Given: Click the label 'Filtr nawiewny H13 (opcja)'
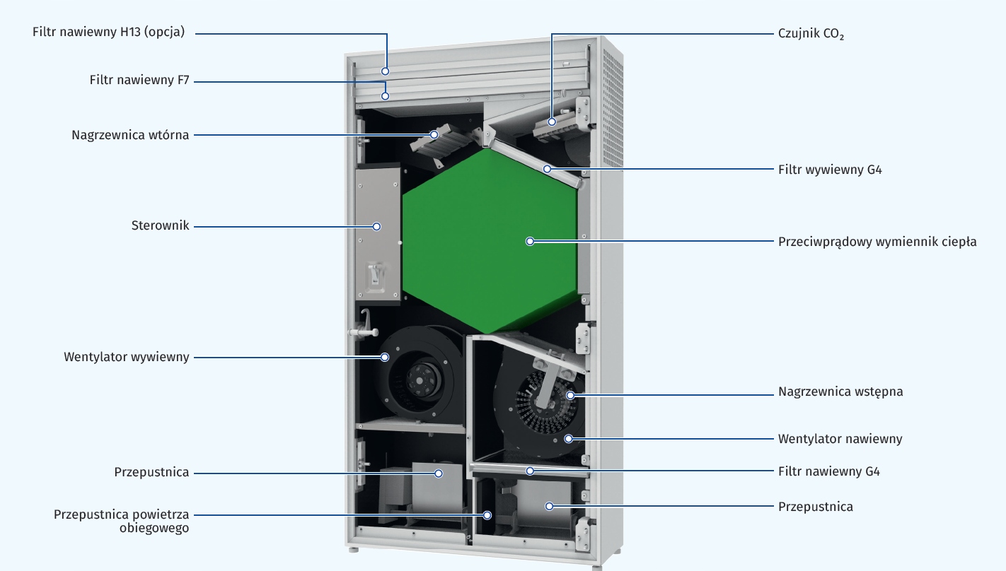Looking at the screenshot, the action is tap(109, 33).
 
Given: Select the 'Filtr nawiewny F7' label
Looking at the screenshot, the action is tap(139, 80).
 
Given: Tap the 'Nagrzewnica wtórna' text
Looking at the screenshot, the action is tap(130, 135).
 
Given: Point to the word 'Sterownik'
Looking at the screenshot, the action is tap(160, 225).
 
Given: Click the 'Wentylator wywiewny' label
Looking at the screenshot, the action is tap(126, 357).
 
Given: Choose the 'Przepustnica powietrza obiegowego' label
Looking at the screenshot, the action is tap(121, 522).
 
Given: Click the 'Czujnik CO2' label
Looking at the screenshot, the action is tap(811, 34).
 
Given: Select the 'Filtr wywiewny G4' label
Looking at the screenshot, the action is tap(830, 170).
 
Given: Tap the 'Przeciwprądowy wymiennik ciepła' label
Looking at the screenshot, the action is tap(877, 242).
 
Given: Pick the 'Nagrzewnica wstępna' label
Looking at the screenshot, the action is tap(840, 392).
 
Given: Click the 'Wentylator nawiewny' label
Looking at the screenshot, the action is tap(840, 439).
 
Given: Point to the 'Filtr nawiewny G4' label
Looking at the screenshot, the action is tap(828, 471).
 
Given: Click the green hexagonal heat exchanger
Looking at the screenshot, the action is tap(490, 241).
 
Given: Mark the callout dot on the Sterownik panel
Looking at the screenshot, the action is tap(377, 227).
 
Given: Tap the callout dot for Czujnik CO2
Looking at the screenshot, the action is tap(552, 122).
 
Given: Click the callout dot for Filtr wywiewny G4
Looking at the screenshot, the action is tap(547, 169).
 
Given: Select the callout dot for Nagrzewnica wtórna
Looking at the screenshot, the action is tap(434, 134).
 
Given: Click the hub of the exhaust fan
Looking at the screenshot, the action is tap(420, 381).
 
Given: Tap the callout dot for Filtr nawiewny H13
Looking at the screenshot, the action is tap(386, 71).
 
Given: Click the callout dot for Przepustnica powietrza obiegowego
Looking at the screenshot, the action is tap(487, 515).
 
